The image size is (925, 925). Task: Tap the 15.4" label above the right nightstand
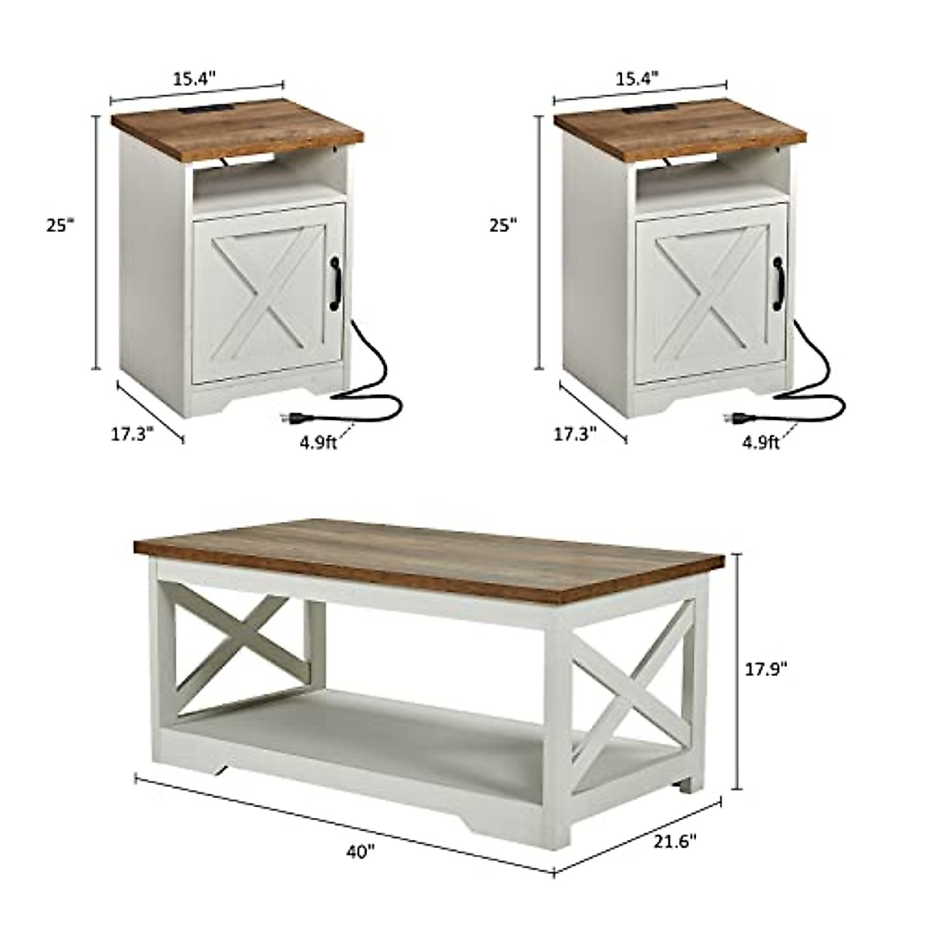(636, 77)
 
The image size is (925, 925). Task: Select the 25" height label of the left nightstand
(59, 225)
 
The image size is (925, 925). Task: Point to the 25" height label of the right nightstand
(502, 225)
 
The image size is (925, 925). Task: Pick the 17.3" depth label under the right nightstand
(575, 434)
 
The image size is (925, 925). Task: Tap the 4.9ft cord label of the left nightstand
(317, 442)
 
